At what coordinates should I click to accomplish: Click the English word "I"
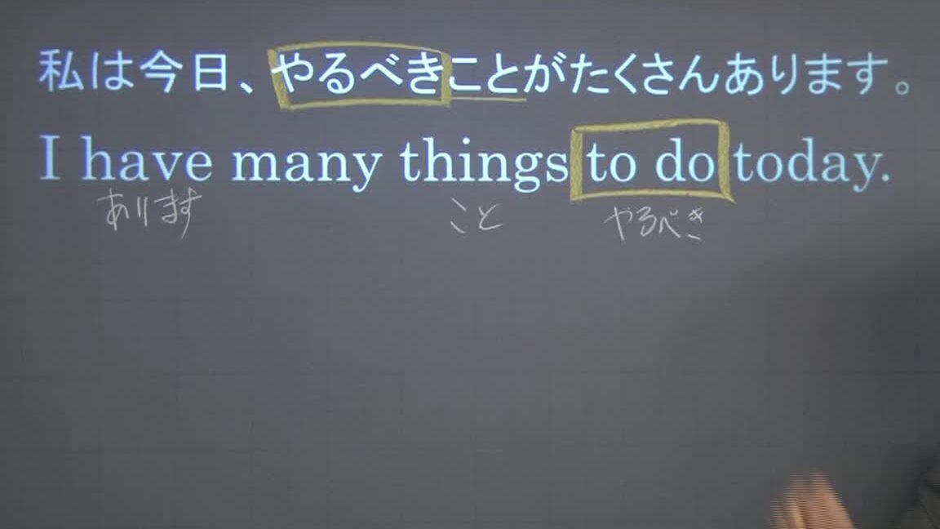pos(50,157)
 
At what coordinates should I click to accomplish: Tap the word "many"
pos(306,163)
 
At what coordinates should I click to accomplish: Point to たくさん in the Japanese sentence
pos(645,74)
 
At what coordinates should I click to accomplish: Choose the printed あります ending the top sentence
pos(806,74)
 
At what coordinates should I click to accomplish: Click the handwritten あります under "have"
pos(150,211)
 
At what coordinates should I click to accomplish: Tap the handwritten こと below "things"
pos(476,217)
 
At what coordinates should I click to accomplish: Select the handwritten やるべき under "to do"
pos(655,223)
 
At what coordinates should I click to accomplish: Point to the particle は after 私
pos(112,71)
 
